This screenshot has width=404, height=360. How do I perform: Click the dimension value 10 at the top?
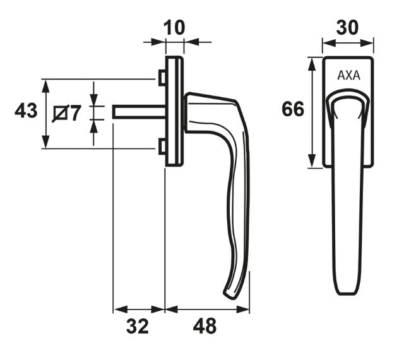(174, 28)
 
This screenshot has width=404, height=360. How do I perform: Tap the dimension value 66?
(293, 110)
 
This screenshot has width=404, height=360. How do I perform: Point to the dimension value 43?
(26, 112)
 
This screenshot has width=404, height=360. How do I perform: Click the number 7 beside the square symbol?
(76, 114)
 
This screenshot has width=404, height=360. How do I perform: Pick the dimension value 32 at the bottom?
(137, 327)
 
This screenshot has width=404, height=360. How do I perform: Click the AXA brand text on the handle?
(348, 75)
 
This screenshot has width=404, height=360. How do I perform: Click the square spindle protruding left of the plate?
(139, 112)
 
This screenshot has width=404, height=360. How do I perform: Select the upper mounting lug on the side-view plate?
(163, 78)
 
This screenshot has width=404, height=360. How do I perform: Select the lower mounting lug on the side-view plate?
(163, 147)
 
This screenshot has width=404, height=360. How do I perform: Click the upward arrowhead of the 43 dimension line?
(45, 84)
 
